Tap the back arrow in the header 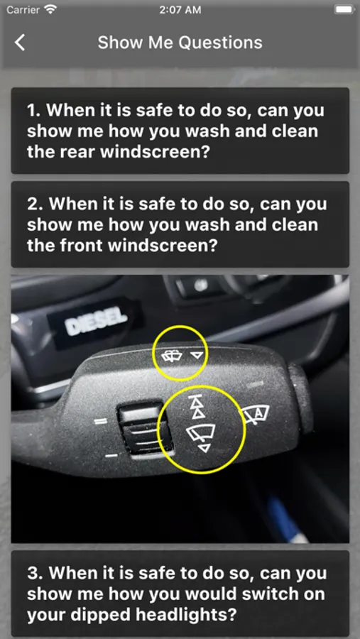pos(20,43)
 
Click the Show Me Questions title pos(180,43)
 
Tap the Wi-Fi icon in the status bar pos(50,9)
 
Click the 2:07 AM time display pos(180,9)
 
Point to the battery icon pos(344,9)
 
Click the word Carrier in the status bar pos(23,9)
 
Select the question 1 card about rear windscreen pos(180,131)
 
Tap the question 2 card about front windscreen pos(180,224)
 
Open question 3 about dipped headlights pos(180,594)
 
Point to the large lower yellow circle pos(158,430)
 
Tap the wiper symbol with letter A pos(257,415)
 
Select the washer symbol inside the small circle pos(172,356)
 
